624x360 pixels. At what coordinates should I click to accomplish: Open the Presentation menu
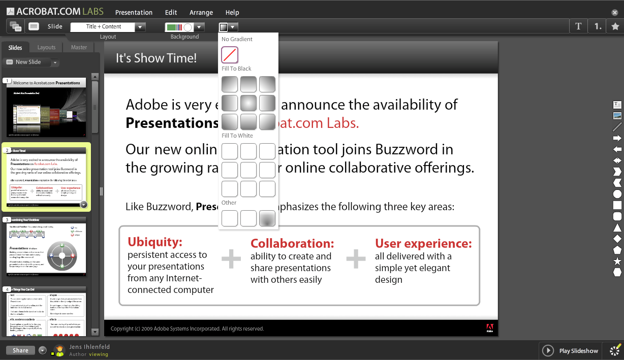pos(134,12)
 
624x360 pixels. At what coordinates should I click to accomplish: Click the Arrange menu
pos(201,12)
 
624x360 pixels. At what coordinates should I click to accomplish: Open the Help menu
pos(232,12)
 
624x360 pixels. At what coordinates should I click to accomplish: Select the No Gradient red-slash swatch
pos(230,55)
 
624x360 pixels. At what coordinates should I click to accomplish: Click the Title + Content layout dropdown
pos(108,27)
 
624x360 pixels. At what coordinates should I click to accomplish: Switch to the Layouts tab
pos(46,47)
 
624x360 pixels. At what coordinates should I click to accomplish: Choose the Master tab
pos(79,47)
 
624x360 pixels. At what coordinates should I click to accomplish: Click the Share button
pos(21,350)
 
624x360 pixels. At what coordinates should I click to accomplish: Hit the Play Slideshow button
pos(571,350)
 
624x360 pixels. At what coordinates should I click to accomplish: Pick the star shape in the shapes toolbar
pos(617,261)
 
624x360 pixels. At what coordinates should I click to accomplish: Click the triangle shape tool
pos(617,227)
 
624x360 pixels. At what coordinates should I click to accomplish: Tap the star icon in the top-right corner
pos(615,26)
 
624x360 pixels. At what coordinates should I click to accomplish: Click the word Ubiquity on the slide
pos(154,242)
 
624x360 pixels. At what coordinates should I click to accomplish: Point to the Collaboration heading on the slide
pos(292,244)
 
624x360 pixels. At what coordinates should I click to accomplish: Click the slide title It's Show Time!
pos(156,58)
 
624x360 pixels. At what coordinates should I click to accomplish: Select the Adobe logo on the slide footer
pos(489,328)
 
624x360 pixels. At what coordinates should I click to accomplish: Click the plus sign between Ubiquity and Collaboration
pos(231,259)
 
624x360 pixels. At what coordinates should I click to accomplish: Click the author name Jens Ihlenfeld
pos(89,347)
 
